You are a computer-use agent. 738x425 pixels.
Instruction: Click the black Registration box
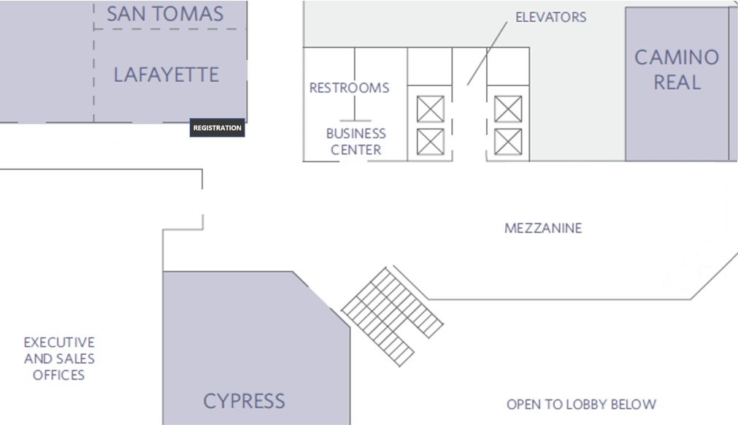click(x=217, y=128)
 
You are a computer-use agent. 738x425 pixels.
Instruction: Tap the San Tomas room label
click(x=165, y=13)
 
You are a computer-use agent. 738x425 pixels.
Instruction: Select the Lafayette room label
click(x=166, y=74)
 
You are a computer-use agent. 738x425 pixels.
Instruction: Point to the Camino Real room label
click(x=676, y=69)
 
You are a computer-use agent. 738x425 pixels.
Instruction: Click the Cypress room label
click(x=244, y=400)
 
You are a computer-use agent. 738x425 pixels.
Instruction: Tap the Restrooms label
click(x=349, y=88)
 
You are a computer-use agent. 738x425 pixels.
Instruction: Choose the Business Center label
click(x=355, y=142)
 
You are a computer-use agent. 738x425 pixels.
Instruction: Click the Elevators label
click(x=550, y=17)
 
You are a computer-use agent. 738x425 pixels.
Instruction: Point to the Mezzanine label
click(x=543, y=229)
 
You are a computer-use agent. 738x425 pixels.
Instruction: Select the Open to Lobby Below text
click(x=581, y=404)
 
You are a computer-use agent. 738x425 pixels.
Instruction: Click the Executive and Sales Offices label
click(x=58, y=359)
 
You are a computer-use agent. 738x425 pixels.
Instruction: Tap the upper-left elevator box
click(x=430, y=110)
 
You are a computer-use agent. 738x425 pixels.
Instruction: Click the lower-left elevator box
click(x=430, y=142)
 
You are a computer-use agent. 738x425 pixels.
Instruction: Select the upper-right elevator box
click(x=508, y=110)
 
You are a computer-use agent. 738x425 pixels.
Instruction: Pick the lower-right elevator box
click(x=508, y=142)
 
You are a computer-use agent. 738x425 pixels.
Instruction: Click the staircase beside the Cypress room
click(x=392, y=315)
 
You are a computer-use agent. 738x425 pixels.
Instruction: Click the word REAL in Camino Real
click(x=677, y=82)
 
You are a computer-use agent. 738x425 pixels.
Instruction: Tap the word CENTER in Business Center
click(x=355, y=150)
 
